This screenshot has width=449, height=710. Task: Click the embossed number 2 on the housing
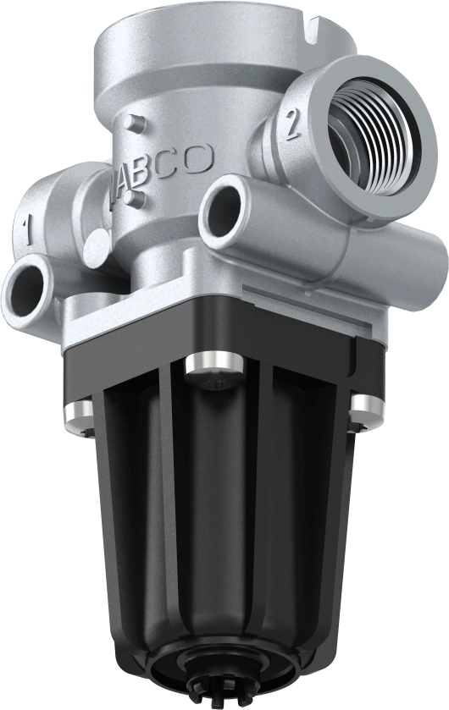tap(292, 124)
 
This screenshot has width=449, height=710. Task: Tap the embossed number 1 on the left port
tap(27, 226)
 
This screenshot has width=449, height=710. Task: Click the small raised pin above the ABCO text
tap(129, 124)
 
